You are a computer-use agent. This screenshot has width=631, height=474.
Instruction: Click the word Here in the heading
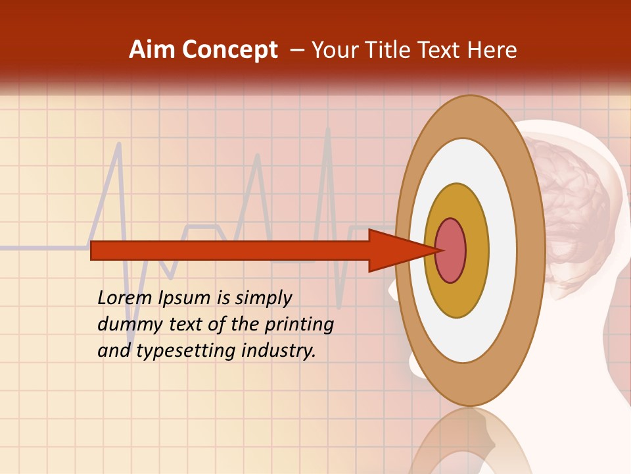pos(492,50)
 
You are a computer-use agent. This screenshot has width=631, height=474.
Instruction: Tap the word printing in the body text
pos(298,325)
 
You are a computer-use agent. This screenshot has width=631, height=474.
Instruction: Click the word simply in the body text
pos(263,298)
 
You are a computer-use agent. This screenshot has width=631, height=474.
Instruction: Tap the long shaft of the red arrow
pos(230,250)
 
